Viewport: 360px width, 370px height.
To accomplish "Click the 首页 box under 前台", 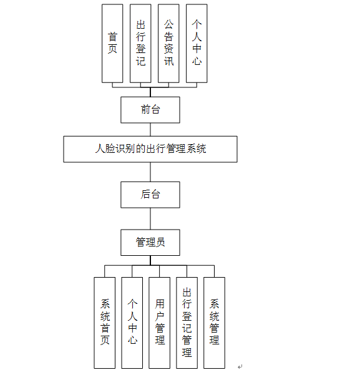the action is coord(112,44).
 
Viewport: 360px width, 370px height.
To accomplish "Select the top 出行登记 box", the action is coord(140,44).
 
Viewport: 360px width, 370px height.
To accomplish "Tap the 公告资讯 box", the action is coord(168,44).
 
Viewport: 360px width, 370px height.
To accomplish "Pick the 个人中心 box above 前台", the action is coord(197,44).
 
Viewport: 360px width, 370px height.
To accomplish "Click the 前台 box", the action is coord(150,110).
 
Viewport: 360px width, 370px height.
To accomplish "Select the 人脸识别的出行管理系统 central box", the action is coord(150,149).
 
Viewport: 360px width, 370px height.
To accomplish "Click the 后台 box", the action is coord(150,195).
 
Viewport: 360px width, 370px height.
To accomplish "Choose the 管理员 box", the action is coord(150,243).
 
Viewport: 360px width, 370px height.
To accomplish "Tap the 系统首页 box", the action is coord(105,323).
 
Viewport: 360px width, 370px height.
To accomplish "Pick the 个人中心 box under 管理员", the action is coord(132,323).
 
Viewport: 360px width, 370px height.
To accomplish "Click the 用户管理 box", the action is coord(159,323).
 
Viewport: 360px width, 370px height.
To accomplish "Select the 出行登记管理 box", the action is coord(187,323).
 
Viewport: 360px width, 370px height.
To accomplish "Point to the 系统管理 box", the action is coord(214,323).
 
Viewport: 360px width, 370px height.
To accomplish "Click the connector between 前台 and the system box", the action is coord(150,130).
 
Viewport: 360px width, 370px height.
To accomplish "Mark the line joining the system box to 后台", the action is coord(150,172).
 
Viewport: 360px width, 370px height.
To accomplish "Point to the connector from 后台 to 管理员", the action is coord(150,219).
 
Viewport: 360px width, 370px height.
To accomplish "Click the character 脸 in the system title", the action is coord(110,149).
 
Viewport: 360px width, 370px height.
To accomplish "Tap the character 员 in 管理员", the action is coord(160,242).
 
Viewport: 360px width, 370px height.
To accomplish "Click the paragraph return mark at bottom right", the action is coord(240,366).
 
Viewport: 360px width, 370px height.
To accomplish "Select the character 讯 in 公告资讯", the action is coord(169,61).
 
